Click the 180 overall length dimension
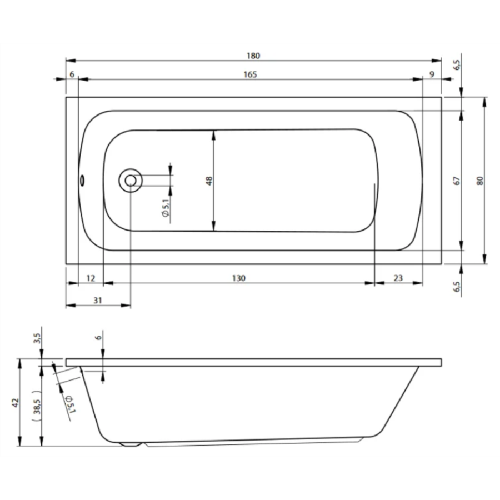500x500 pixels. coord(253,56)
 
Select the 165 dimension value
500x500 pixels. coord(250,74)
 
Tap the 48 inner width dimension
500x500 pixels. coord(209,181)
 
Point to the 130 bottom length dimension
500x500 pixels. coord(238,278)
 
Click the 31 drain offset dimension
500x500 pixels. coord(98,301)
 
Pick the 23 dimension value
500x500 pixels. coord(398,278)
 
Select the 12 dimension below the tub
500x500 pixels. coord(91,278)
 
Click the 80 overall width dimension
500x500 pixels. coord(480,181)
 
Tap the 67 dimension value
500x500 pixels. coord(457,181)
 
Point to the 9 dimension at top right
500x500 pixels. coord(432,74)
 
